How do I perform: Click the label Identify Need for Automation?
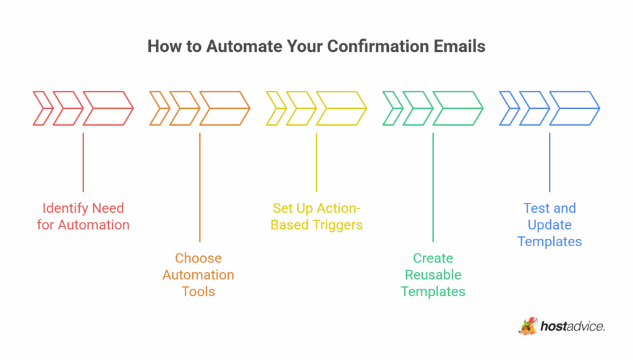(x=83, y=216)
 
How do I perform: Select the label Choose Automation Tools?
(x=198, y=275)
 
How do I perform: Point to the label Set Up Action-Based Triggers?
(x=316, y=216)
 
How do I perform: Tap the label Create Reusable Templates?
(x=433, y=275)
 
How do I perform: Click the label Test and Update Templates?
(x=550, y=225)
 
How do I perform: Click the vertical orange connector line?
(x=200, y=186)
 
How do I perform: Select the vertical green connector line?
(x=433, y=186)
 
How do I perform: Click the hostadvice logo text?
(x=572, y=326)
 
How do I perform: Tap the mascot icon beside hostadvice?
(x=527, y=325)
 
